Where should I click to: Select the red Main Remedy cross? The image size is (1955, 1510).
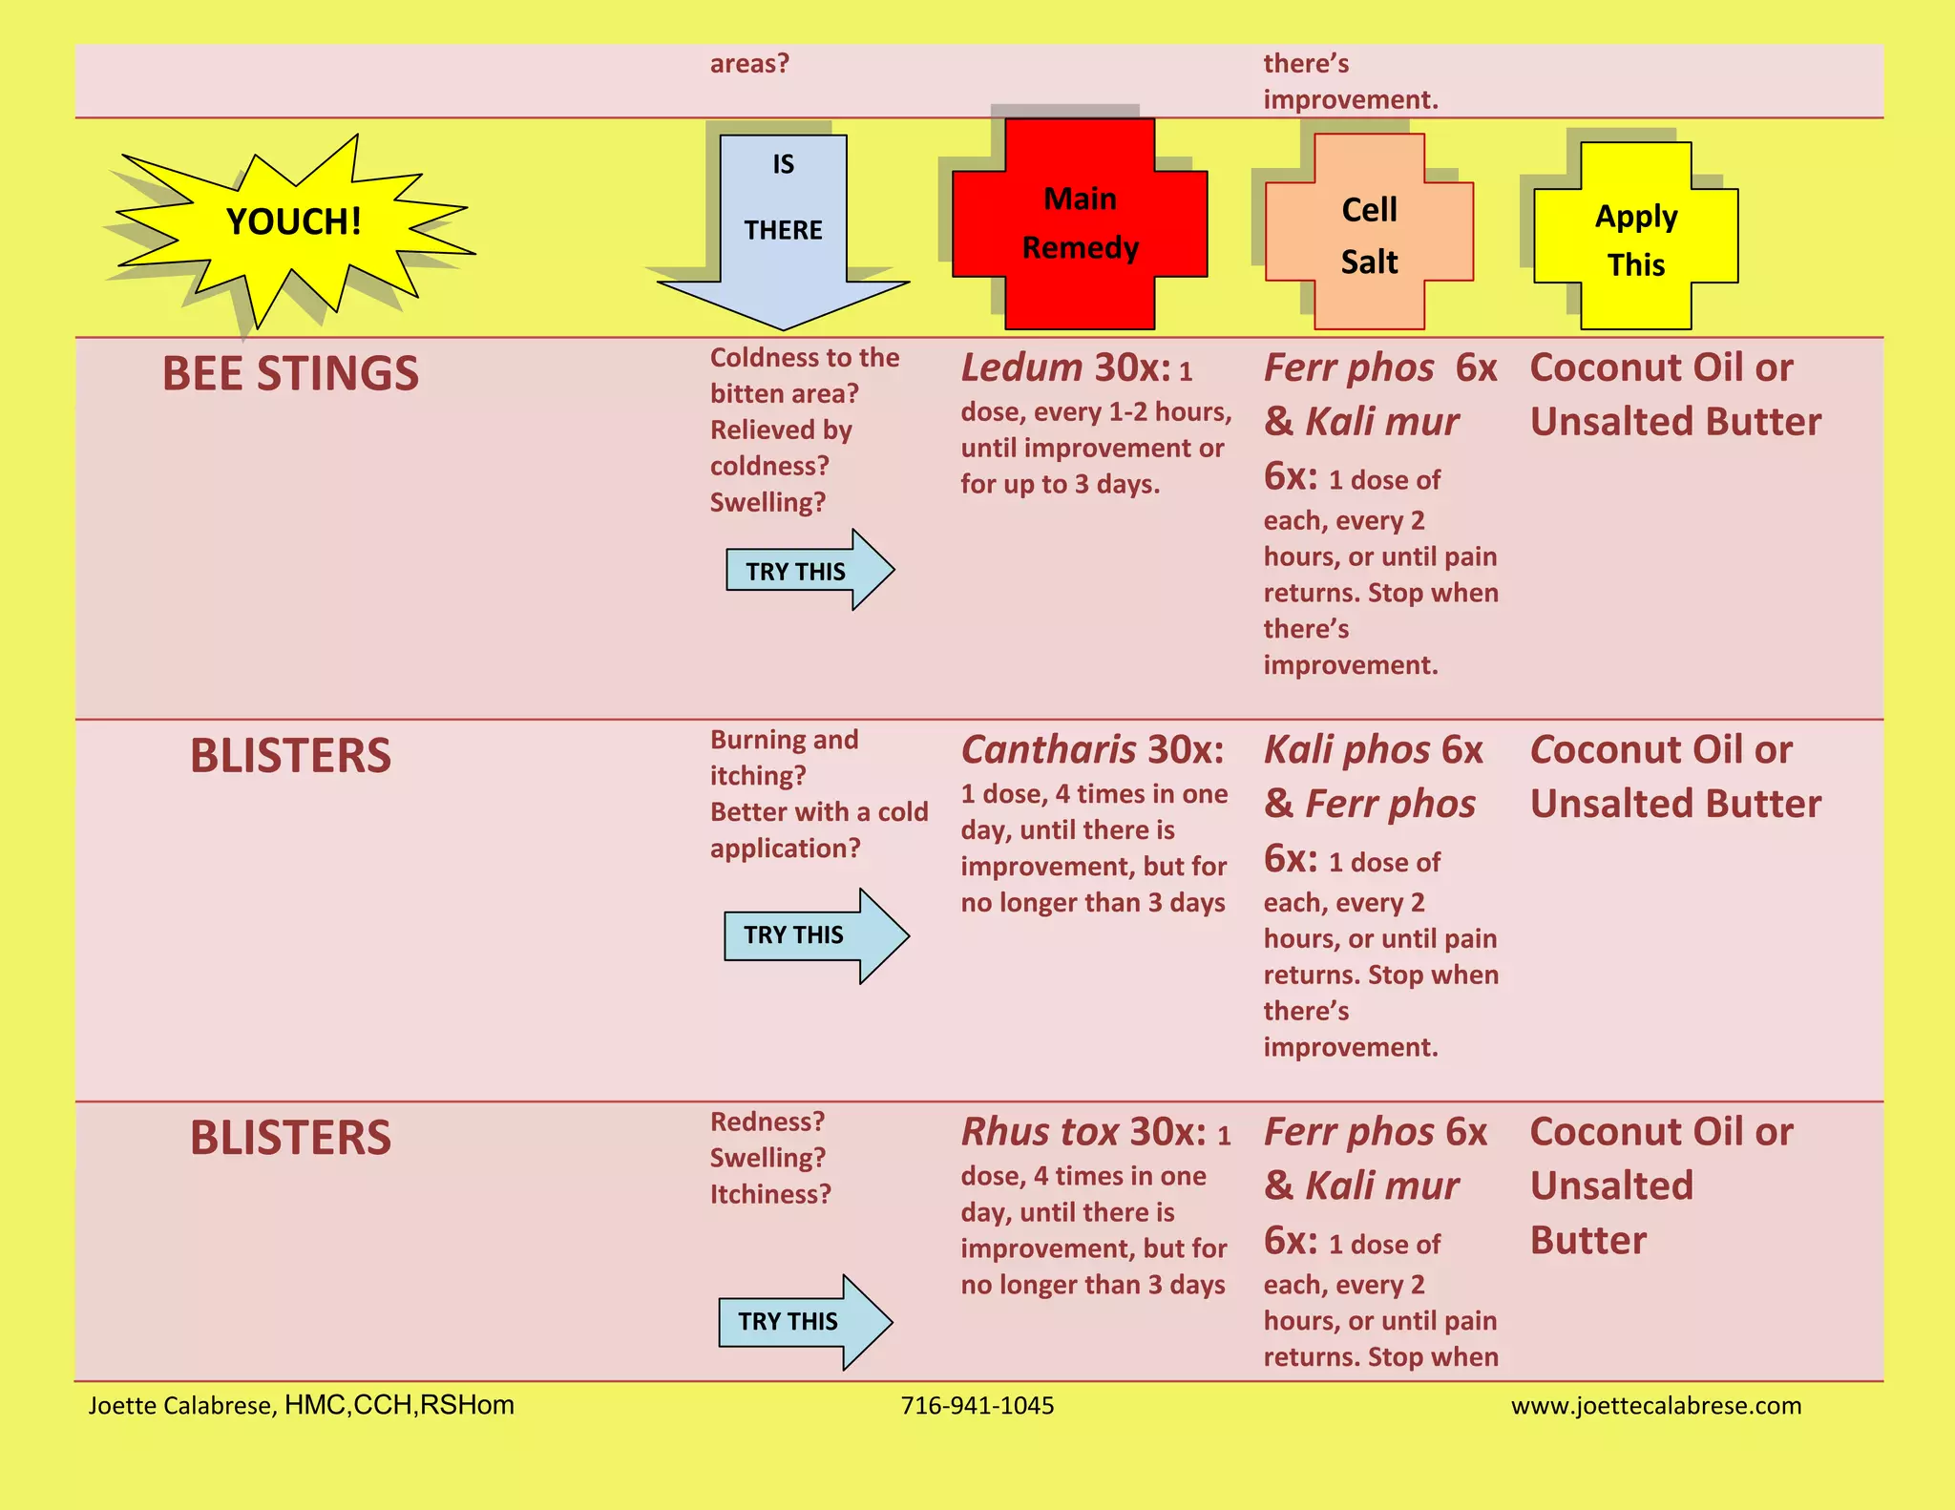coord(1080,224)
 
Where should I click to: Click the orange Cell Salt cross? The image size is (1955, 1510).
coord(1369,234)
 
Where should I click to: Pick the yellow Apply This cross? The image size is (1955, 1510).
coord(1636,239)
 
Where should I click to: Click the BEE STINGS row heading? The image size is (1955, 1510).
coord(290,373)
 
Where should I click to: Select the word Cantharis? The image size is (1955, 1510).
coord(1048,750)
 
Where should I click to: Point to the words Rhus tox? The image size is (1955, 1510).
coord(1040,1132)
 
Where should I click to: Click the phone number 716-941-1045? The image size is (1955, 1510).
coord(977,1405)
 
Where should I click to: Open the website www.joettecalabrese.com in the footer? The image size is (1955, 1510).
coord(1656,1405)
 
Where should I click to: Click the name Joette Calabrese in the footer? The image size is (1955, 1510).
coord(181,1405)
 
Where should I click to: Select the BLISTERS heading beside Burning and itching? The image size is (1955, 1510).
coord(290,756)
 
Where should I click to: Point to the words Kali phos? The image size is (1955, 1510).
coord(1347,750)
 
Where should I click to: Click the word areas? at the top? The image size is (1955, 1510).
coord(749,64)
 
